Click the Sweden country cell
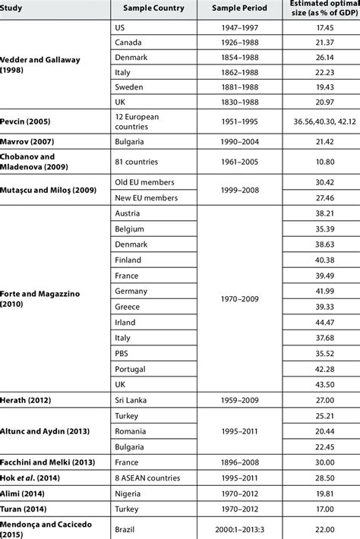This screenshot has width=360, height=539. click(128, 88)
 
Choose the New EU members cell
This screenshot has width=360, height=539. click(145, 196)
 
